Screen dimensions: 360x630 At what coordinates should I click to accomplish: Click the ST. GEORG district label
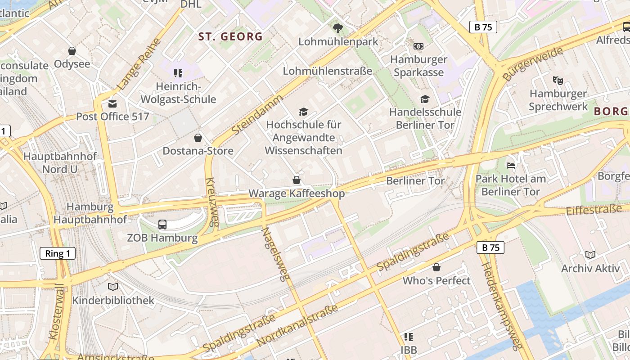click(230, 36)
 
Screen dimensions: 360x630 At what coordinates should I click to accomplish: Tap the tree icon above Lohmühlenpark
click(338, 28)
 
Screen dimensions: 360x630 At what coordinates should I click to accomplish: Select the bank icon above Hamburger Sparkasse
click(418, 46)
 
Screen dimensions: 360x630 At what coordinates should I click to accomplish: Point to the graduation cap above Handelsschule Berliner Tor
click(425, 99)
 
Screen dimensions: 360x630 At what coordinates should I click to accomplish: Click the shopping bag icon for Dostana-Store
click(198, 138)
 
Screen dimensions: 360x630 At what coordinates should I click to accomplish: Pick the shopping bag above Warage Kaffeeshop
click(297, 180)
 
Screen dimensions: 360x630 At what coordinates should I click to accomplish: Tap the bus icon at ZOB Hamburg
click(162, 224)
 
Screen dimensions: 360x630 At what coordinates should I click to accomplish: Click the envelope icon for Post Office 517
click(112, 104)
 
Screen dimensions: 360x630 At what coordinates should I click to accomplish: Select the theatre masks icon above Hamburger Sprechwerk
click(558, 81)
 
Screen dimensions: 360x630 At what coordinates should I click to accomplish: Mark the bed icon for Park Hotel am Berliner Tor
click(511, 166)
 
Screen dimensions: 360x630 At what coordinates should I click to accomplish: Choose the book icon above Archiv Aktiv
click(590, 255)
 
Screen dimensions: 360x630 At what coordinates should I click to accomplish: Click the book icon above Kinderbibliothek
click(113, 287)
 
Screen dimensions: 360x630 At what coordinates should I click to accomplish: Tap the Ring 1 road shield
click(58, 253)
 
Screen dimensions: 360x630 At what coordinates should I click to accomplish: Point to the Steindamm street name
click(258, 114)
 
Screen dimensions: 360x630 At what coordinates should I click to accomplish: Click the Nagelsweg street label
click(275, 254)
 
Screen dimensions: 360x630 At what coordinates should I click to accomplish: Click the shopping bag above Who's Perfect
click(436, 268)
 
